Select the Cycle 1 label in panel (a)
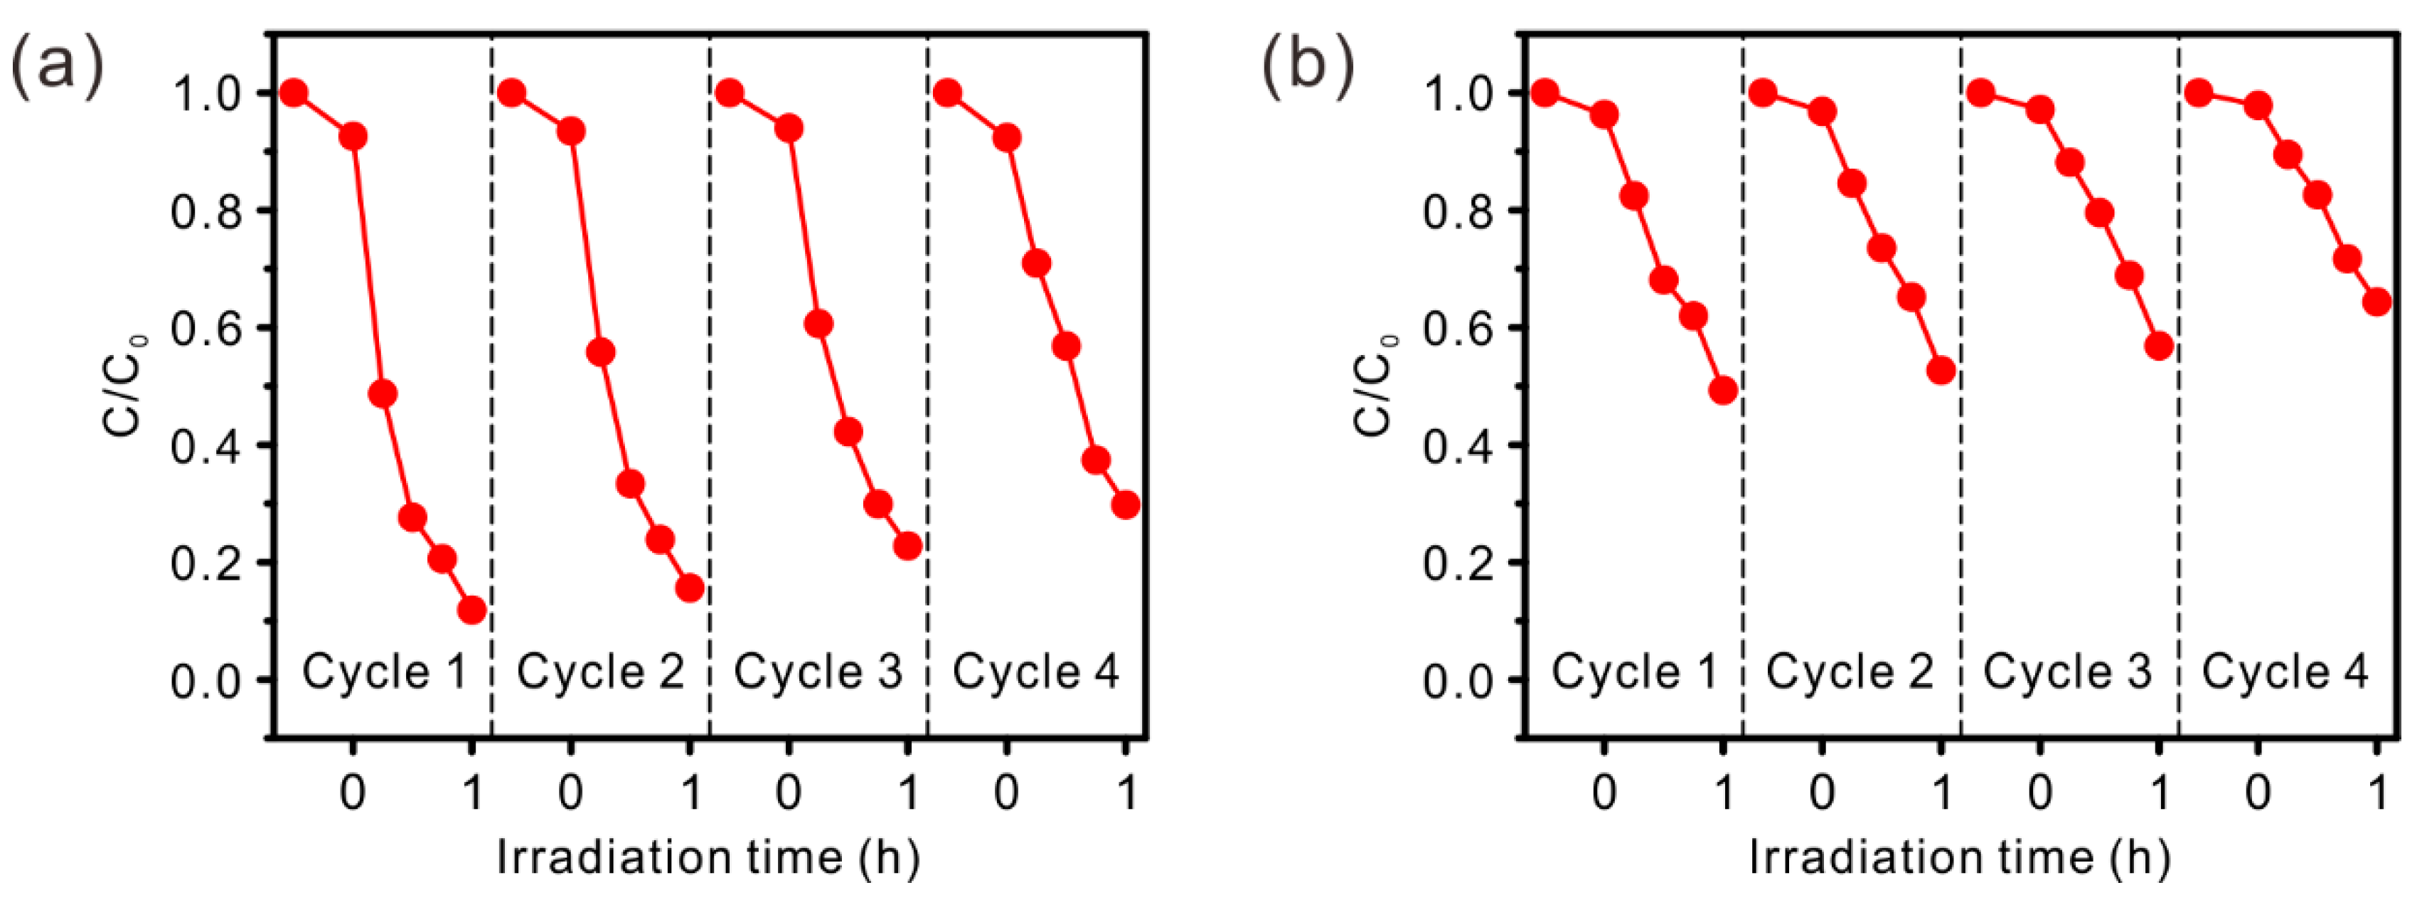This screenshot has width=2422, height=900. [383, 672]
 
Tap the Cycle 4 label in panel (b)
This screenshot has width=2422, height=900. [2285, 672]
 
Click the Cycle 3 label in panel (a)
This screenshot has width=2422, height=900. [817, 672]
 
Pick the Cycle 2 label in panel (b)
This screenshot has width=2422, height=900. [1850, 672]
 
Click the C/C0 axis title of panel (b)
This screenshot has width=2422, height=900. [1375, 385]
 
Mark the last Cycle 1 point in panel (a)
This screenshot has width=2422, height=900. [472, 610]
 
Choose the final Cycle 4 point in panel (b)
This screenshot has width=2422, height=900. [2376, 302]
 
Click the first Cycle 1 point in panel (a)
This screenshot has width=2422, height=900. [294, 93]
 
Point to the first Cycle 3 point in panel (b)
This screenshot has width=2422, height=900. [1980, 93]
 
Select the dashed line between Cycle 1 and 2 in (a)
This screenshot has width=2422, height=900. [491, 376]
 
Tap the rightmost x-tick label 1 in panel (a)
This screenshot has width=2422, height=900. [1127, 793]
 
